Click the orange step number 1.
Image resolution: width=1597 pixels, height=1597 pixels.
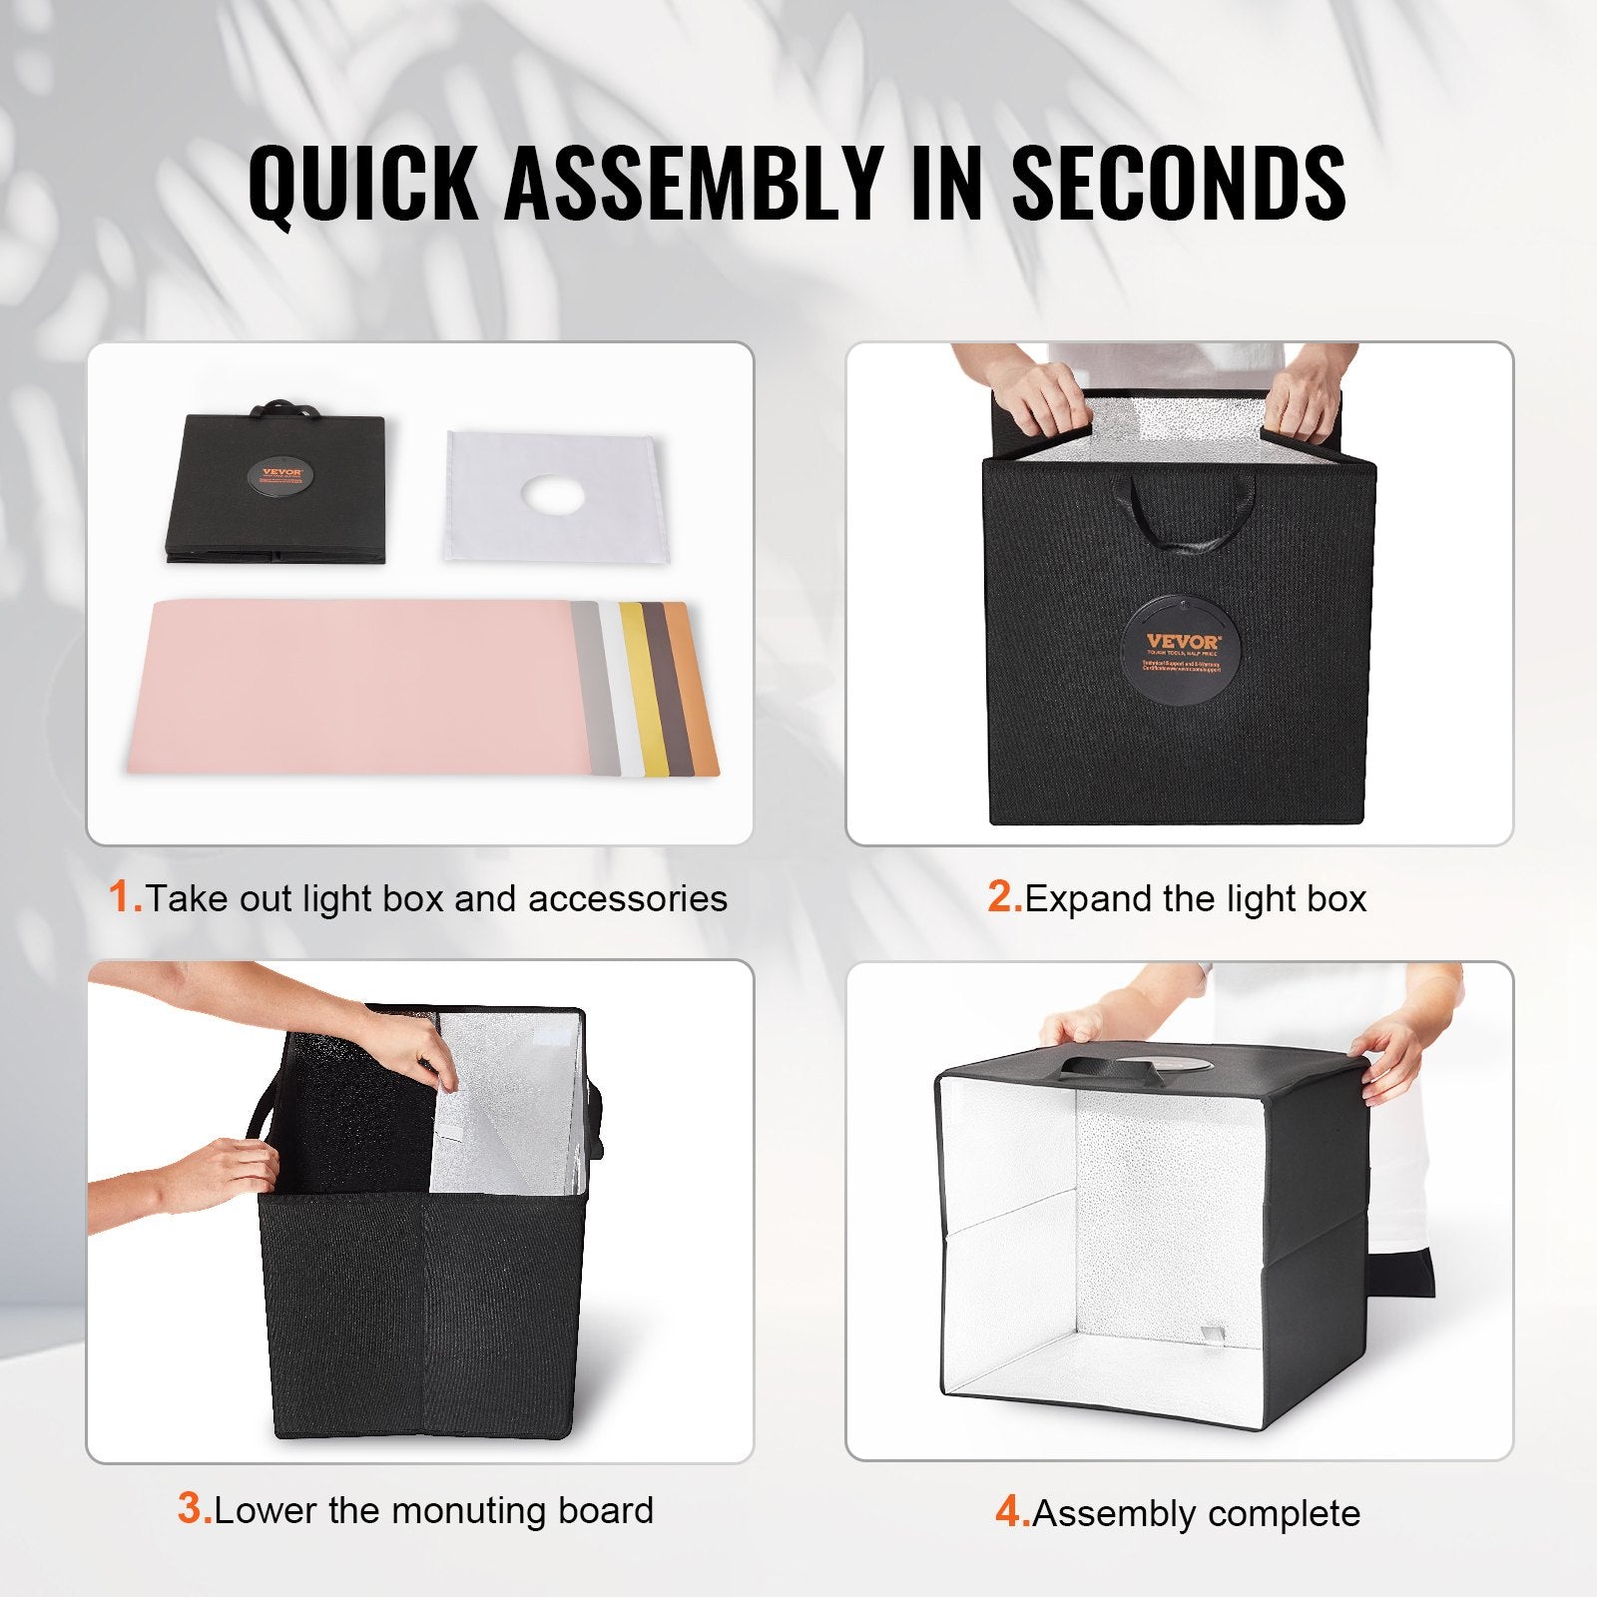coord(125,897)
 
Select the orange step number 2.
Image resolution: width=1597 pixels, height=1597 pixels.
coord(1004,897)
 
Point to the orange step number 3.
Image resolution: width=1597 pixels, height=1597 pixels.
coord(194,1508)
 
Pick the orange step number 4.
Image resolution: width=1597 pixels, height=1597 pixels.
coord(1012,1512)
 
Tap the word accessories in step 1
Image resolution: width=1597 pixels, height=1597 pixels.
coord(628,899)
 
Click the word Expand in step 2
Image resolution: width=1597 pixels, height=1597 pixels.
coord(1089,899)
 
